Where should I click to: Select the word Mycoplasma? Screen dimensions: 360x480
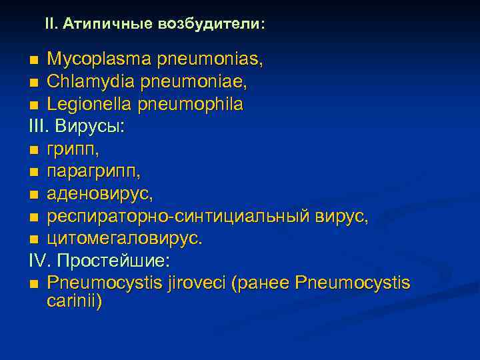[99, 60]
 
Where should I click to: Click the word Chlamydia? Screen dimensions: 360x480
[91, 82]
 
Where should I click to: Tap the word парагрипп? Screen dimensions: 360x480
[93, 171]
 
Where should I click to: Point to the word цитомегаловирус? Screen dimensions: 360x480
[124, 238]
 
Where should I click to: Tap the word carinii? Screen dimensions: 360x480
[75, 301]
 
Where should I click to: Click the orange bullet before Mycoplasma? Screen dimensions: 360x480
[34, 61]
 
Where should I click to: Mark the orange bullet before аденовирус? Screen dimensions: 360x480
[34, 195]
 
